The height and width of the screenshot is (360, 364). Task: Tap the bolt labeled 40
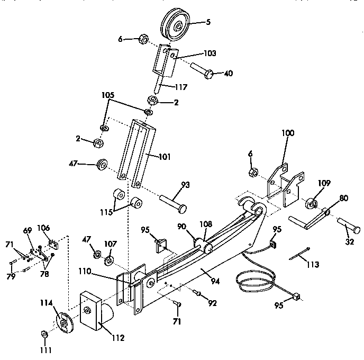coord(203,70)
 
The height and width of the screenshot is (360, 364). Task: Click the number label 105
coord(107,95)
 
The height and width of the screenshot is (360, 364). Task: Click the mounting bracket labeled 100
coord(283,182)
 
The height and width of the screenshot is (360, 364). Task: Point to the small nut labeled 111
coord(44,335)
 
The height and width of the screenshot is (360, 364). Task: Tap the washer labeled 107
coord(110,260)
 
